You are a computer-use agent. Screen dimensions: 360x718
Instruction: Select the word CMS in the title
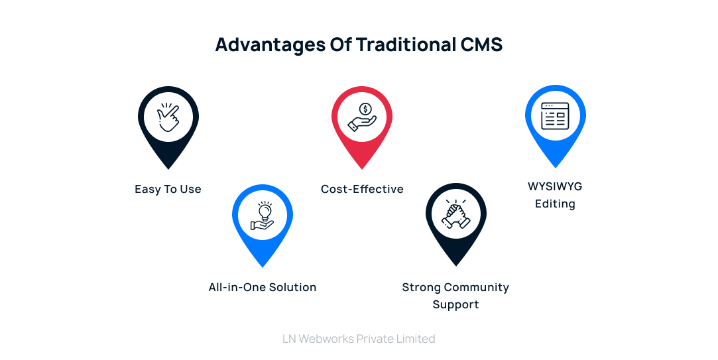tap(480, 44)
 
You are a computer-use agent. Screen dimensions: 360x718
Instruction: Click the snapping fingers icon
tap(168, 118)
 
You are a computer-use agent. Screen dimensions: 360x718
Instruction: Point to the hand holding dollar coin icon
tap(362, 118)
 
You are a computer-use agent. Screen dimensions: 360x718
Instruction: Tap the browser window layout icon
tap(555, 116)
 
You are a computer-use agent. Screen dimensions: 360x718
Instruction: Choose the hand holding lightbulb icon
tap(263, 215)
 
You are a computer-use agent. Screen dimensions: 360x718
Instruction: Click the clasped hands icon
tap(456, 214)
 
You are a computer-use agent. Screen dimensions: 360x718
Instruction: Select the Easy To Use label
tap(168, 190)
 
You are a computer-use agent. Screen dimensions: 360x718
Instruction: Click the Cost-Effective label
tap(362, 190)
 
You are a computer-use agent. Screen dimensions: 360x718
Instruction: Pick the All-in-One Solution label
tap(263, 288)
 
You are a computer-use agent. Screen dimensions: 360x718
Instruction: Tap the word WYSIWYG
tap(555, 186)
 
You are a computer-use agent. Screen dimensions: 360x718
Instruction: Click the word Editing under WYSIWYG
tap(555, 204)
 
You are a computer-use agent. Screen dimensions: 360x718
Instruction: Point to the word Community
tap(476, 288)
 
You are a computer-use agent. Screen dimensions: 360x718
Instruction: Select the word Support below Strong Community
tap(455, 305)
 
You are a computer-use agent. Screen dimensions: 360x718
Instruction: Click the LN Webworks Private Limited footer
tap(359, 339)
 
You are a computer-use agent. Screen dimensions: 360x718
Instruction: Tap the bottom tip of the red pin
tap(362, 168)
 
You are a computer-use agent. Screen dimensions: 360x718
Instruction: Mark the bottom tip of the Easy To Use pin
tap(168, 168)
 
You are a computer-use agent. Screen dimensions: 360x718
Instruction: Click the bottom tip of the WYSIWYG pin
tap(555, 167)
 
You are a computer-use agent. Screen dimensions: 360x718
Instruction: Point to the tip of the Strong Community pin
tap(456, 266)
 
